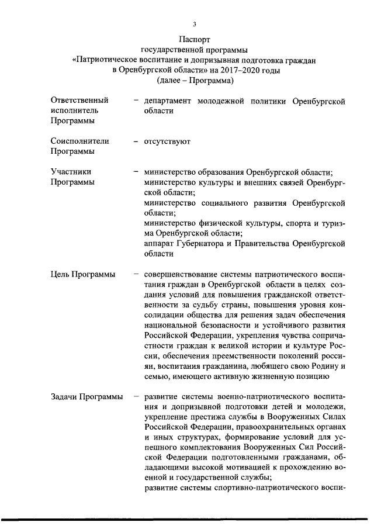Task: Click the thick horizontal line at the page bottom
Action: click(187, 517)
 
